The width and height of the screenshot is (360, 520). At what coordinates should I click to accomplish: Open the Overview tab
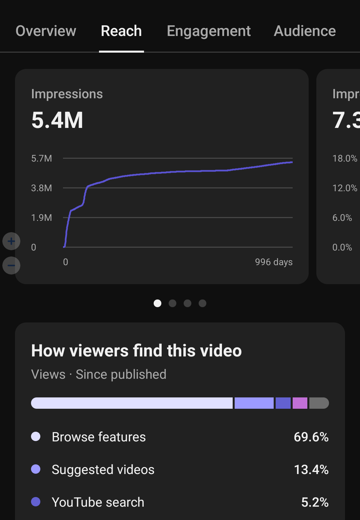(x=46, y=31)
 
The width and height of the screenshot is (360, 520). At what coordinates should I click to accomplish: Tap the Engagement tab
(x=209, y=31)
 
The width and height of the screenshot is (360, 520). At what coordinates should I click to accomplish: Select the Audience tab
(x=305, y=31)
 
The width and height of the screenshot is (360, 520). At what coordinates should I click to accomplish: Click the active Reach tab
(x=121, y=31)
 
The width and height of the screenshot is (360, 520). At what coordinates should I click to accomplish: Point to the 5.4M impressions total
(x=57, y=120)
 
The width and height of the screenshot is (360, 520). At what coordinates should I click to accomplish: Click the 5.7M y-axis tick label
(x=42, y=159)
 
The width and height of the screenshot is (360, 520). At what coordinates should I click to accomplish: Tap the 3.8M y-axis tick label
(x=42, y=188)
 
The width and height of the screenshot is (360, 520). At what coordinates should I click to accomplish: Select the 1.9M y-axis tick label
(x=42, y=218)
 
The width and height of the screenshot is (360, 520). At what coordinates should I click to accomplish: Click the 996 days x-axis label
(x=274, y=262)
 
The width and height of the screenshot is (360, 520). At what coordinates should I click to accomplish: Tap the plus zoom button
(x=11, y=241)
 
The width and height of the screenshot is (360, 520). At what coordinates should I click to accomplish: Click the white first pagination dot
(x=157, y=303)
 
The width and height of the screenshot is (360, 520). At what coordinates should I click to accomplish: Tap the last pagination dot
(x=202, y=303)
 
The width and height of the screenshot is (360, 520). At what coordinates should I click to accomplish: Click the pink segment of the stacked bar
(x=300, y=403)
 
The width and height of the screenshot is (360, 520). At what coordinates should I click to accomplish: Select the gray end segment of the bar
(x=319, y=403)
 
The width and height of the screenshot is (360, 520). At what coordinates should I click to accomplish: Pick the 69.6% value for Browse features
(x=311, y=437)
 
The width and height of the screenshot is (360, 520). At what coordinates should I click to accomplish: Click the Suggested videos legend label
(x=103, y=470)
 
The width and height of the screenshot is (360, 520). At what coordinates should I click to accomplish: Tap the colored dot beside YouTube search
(x=36, y=502)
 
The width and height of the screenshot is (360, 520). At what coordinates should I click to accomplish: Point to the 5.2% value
(x=315, y=502)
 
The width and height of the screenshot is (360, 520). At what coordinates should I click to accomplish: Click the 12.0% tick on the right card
(x=345, y=188)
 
